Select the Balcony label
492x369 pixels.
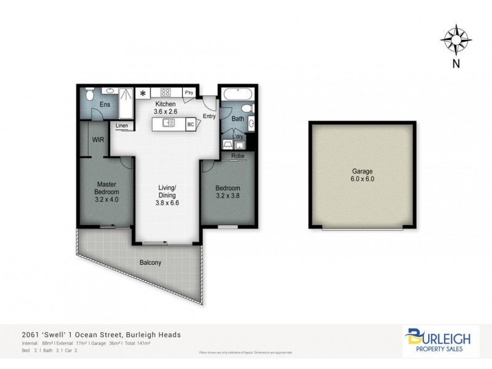151,263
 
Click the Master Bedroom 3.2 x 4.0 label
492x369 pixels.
106,191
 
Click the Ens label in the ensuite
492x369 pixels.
105,105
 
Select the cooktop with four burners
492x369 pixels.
165,93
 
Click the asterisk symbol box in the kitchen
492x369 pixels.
143,93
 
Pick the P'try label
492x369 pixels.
189,93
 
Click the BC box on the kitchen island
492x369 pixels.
190,124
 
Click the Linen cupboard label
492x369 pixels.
122,126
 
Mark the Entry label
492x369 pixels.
209,116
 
